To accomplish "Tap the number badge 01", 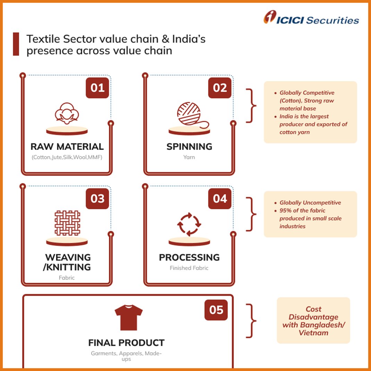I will click(x=98, y=88).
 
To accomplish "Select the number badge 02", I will click(x=220, y=88).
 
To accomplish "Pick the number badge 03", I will click(x=98, y=199).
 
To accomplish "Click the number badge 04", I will click(x=220, y=199).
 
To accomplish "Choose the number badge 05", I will click(x=216, y=310).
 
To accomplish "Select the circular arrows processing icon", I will click(x=189, y=224).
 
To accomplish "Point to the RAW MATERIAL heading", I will click(x=67, y=146).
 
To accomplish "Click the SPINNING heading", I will click(x=189, y=146).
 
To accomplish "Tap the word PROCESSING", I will click(x=189, y=258).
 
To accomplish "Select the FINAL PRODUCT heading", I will click(x=126, y=343).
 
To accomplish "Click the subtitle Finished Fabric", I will click(x=189, y=268).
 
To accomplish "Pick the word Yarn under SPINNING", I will click(x=189, y=157).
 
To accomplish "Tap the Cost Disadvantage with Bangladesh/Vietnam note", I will click(x=313, y=321).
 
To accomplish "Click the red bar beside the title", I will click(x=16, y=44).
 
